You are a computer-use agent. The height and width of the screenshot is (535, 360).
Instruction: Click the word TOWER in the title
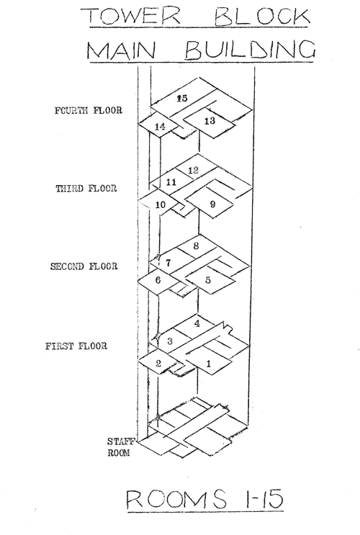click(x=131, y=15)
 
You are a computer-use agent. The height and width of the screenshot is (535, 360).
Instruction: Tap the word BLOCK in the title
click(x=262, y=17)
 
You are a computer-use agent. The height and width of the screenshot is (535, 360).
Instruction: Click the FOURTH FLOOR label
click(x=89, y=111)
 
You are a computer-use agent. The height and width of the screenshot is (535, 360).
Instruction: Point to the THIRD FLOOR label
click(x=86, y=189)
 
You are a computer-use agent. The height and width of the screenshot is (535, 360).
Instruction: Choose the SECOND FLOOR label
click(x=84, y=266)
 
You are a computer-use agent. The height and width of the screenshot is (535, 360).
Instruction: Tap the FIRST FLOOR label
click(x=76, y=346)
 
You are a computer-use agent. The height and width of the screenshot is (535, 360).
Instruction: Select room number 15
click(x=182, y=98)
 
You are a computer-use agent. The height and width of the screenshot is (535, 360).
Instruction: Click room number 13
click(x=210, y=120)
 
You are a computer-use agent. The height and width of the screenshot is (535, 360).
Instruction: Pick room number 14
click(x=160, y=127)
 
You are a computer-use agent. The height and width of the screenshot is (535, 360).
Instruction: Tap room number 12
click(x=193, y=170)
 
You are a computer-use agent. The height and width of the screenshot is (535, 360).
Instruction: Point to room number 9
click(x=212, y=204)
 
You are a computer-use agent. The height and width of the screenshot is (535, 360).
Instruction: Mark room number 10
click(x=160, y=204)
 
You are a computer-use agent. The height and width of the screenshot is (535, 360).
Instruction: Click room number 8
click(x=196, y=246)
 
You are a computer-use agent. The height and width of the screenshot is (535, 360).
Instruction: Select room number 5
click(x=208, y=280)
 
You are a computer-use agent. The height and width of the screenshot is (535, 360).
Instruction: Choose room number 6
click(x=158, y=280)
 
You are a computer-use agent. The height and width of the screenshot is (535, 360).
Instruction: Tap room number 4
click(x=197, y=323)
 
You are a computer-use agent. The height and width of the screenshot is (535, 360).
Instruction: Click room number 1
click(x=209, y=364)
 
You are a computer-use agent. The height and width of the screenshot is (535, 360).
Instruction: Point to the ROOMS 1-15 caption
click(x=204, y=499)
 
